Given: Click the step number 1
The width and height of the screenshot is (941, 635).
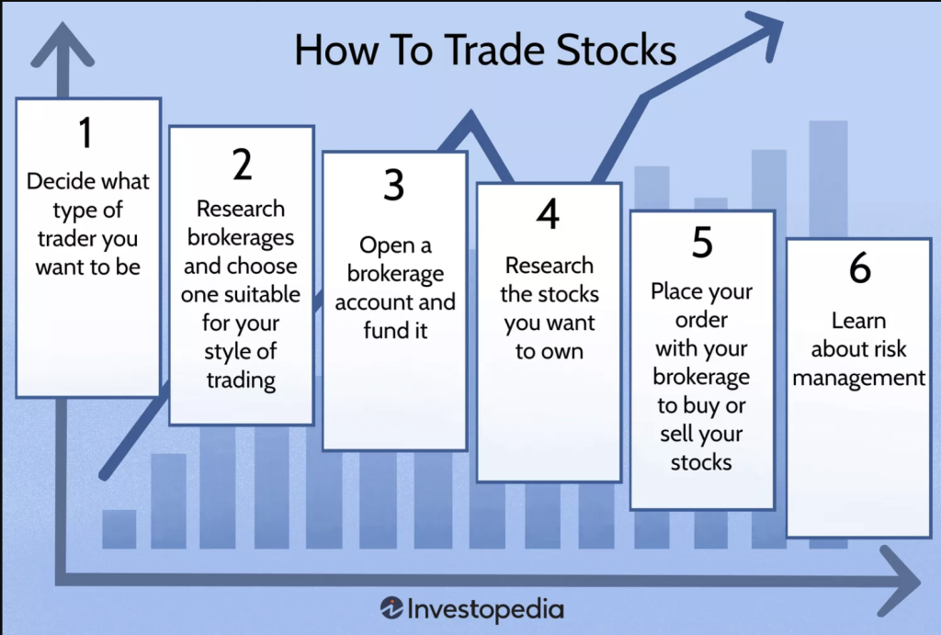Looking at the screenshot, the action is click(x=85, y=132).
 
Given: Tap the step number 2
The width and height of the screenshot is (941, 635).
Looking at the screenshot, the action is click(x=242, y=164).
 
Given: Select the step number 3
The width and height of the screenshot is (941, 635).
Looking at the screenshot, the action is click(x=393, y=185).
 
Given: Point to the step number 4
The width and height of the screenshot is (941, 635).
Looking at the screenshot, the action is click(x=548, y=214).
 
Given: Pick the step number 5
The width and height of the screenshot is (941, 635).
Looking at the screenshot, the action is click(x=702, y=242).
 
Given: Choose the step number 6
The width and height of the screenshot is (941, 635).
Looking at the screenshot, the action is click(x=859, y=267).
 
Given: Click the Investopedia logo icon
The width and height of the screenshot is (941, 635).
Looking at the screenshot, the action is click(x=391, y=608).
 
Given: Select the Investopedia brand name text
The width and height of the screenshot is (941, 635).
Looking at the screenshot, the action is click(x=485, y=609).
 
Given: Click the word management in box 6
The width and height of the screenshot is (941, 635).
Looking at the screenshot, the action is click(x=859, y=378).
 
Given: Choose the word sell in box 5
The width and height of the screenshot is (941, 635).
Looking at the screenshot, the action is click(x=675, y=434).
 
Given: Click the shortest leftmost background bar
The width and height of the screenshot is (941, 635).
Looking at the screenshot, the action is click(x=119, y=528).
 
